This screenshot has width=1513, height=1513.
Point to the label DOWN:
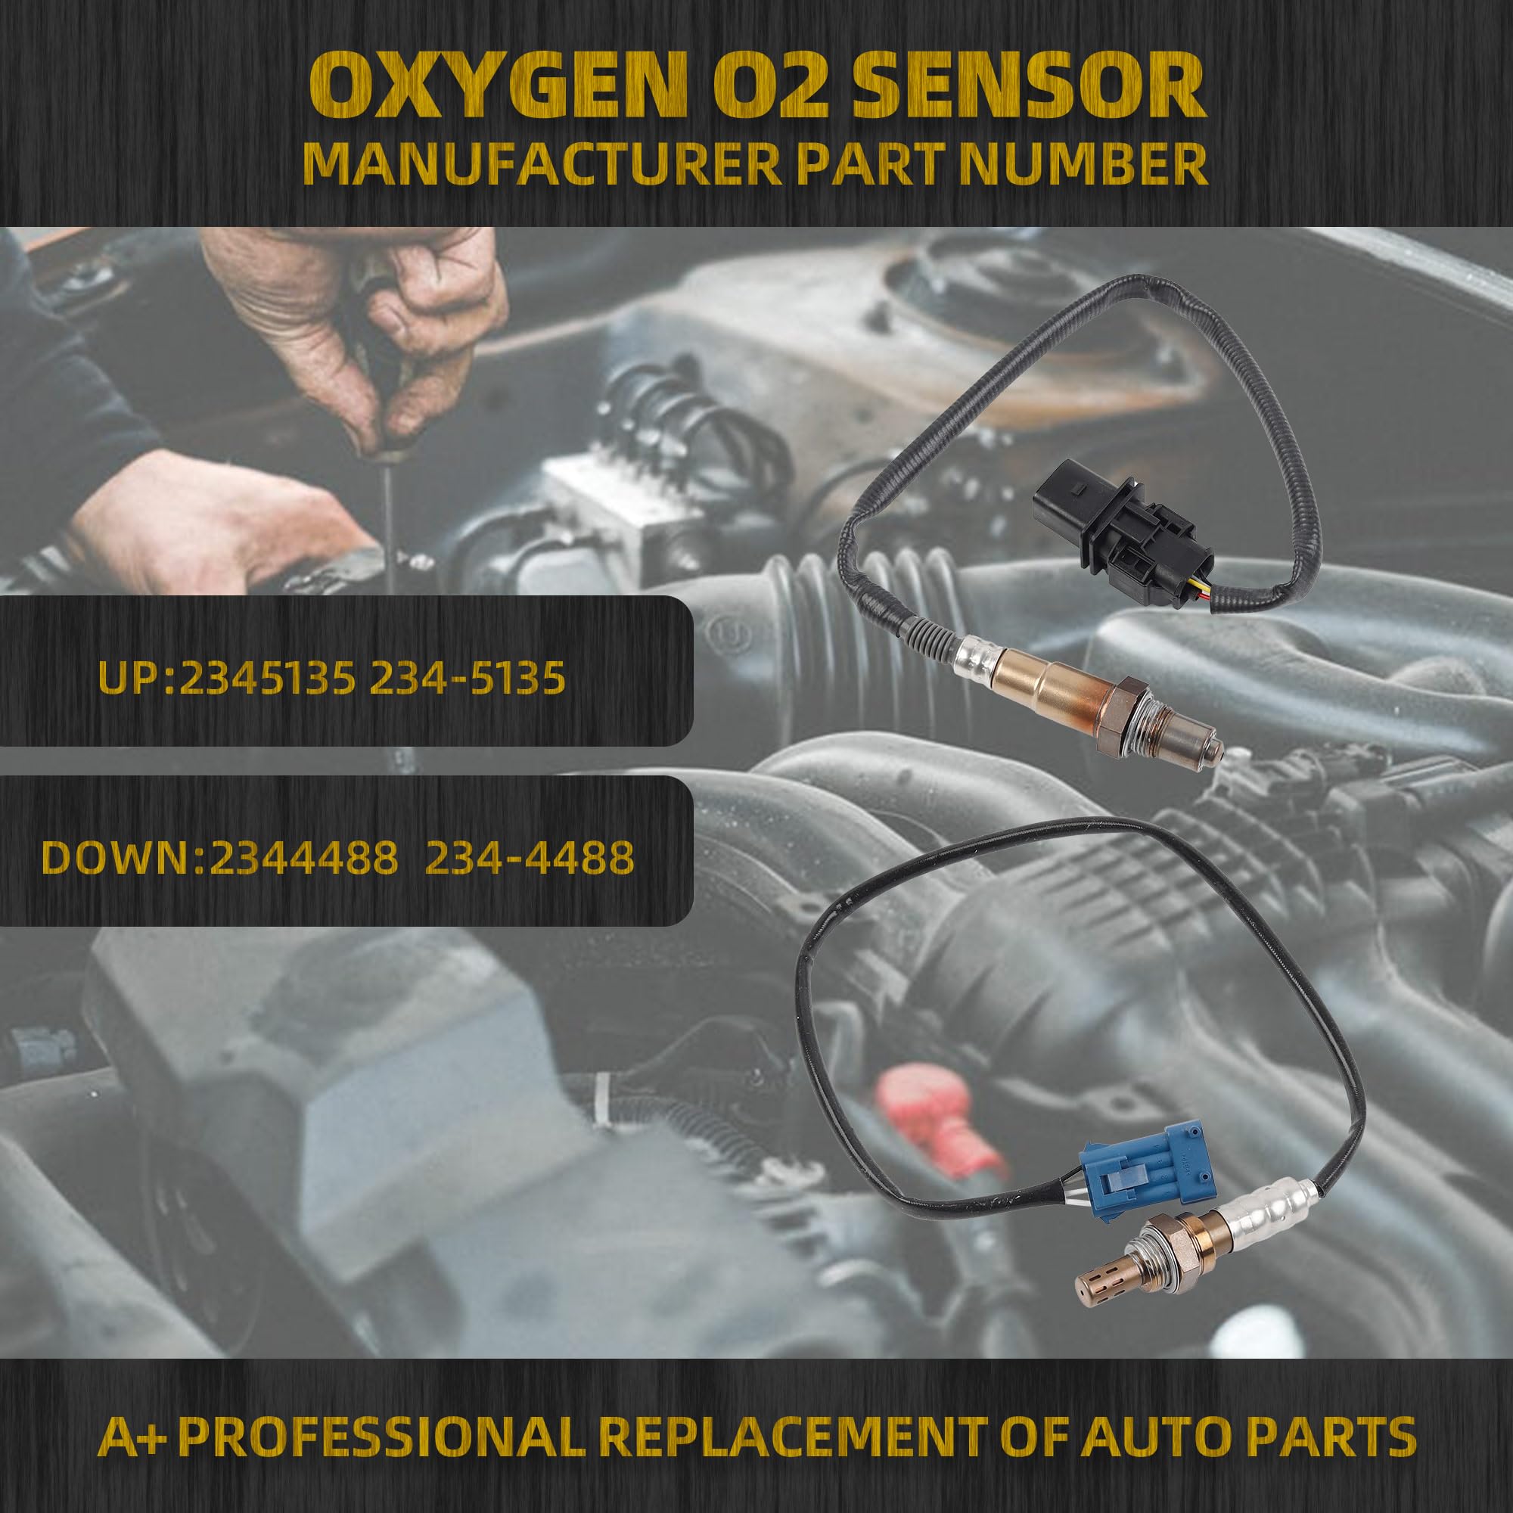(123, 859)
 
